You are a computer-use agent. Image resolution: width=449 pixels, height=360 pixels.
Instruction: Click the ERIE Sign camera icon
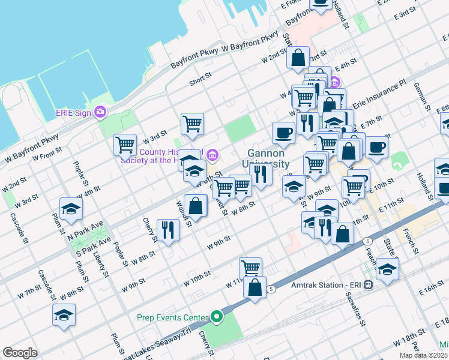100,112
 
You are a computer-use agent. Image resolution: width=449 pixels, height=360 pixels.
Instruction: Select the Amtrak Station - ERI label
331,285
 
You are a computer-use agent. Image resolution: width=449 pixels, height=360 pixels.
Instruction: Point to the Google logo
20,353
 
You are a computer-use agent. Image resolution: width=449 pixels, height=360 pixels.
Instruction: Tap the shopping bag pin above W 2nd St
298,58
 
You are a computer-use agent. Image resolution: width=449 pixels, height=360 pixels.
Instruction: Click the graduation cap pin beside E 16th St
388,270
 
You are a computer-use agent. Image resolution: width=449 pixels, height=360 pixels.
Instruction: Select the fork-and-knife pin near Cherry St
168,229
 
